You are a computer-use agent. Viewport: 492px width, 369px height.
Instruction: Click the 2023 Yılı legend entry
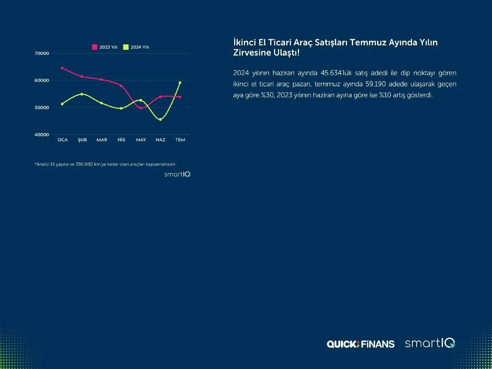[x=105, y=47]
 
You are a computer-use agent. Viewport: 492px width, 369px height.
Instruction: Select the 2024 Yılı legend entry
[x=136, y=47]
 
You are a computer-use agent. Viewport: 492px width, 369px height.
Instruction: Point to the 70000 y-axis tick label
[x=42, y=53]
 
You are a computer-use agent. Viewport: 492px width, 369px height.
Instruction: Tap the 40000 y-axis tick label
[x=42, y=135]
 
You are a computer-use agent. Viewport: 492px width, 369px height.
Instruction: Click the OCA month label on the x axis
[x=63, y=140]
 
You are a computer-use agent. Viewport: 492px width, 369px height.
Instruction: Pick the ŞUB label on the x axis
[x=82, y=140]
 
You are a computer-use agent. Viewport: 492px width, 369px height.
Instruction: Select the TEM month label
[x=180, y=140]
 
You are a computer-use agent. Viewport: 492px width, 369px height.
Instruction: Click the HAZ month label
[x=161, y=140]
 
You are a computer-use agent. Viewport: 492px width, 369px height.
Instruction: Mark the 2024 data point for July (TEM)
[x=180, y=83]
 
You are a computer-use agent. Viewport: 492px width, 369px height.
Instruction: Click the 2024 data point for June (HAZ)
[x=160, y=120]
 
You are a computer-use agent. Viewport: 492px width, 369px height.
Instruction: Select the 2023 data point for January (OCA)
[x=62, y=68]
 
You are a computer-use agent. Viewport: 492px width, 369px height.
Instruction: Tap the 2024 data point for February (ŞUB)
[x=82, y=94]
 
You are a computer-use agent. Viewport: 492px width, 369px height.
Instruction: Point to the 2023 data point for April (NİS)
[x=121, y=86]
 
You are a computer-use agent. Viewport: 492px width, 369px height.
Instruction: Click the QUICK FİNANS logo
[x=361, y=344]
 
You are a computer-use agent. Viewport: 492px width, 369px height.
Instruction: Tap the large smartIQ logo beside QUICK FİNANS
[x=430, y=343]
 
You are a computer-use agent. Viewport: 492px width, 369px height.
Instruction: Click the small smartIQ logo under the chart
[x=177, y=174]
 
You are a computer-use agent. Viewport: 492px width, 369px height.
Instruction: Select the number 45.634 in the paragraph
[x=331, y=73]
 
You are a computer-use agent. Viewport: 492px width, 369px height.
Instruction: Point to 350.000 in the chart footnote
[x=84, y=164]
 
